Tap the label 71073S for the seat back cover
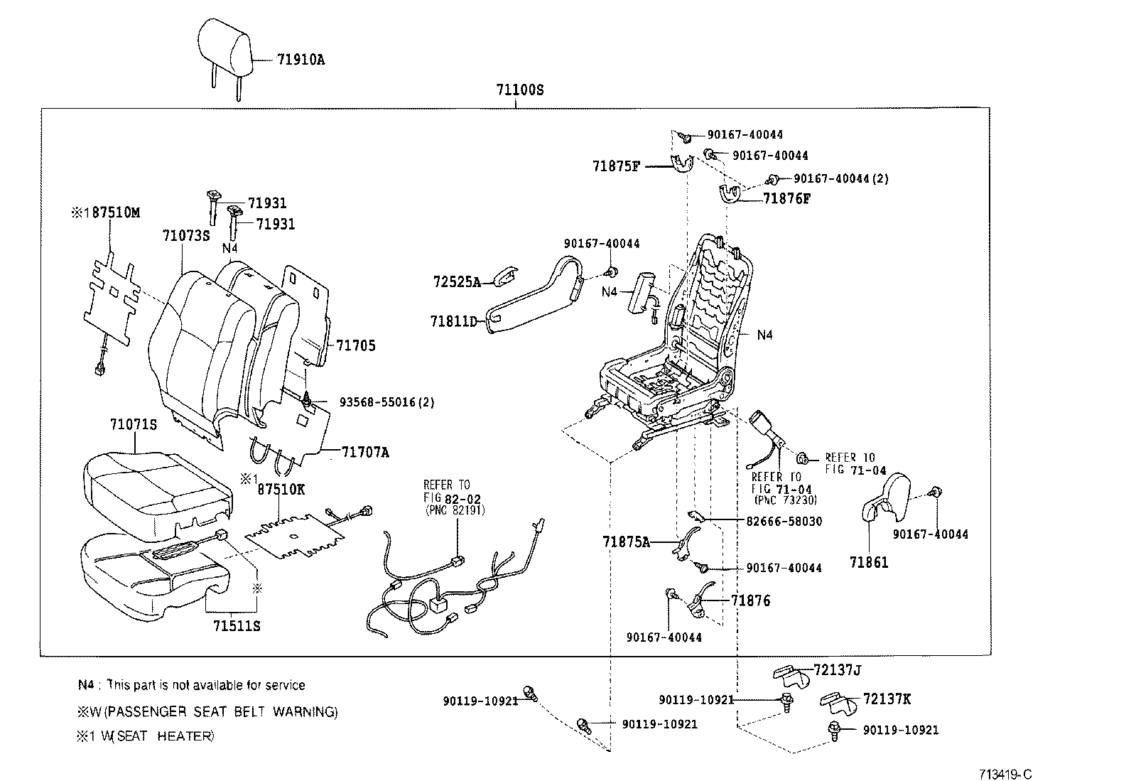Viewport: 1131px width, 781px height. point(185,235)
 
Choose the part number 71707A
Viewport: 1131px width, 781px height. point(365,452)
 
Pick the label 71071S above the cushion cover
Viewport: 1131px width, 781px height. point(134,425)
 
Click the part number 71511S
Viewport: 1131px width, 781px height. point(237,626)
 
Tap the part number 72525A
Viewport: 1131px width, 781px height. point(457,282)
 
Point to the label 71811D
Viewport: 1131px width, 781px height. point(453,321)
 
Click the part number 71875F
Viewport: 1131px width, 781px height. point(617,167)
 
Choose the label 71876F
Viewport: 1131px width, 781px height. point(786,199)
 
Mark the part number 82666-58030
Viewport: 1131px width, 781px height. point(784,522)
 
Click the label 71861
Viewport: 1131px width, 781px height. point(869,562)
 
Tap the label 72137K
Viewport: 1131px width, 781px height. point(887,699)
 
